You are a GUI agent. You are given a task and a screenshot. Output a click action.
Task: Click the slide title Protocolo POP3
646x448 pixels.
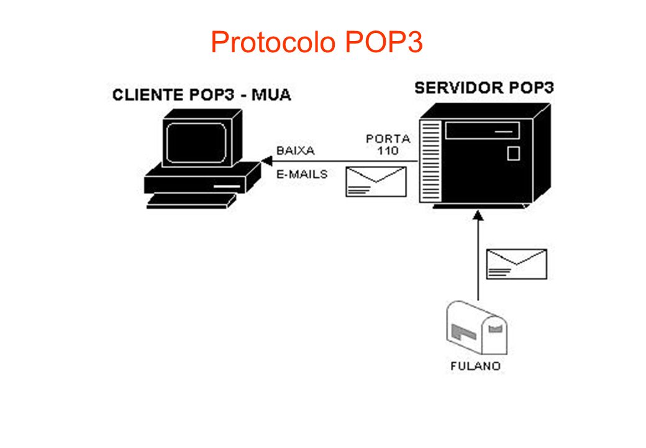[316, 42]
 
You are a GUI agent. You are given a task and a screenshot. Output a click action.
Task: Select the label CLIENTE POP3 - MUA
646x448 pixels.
[202, 95]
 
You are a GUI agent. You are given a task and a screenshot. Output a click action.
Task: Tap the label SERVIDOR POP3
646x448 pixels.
[484, 88]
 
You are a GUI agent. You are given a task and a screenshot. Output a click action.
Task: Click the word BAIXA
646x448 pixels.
[295, 151]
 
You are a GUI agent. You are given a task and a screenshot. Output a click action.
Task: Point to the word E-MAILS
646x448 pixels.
[301, 175]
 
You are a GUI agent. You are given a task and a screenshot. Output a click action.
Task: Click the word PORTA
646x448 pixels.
[388, 139]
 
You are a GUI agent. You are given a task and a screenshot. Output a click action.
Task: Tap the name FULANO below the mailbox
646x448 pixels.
[475, 366]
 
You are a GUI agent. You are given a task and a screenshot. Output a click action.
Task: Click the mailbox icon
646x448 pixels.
[476, 329]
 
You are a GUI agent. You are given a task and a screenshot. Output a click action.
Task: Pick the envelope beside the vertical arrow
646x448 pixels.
[516, 264]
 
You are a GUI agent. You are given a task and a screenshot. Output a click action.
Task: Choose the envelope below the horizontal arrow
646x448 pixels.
[375, 182]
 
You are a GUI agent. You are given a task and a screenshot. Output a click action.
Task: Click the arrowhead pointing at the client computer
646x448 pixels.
[266, 162]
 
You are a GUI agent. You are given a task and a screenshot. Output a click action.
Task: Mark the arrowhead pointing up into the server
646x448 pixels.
[478, 215]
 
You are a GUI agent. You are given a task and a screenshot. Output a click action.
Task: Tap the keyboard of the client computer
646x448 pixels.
[191, 200]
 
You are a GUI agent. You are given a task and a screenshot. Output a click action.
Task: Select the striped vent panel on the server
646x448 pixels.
[429, 162]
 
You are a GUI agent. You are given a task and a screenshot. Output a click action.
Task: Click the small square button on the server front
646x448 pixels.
[513, 153]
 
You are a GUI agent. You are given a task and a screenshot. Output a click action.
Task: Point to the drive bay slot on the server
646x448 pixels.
[482, 131]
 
